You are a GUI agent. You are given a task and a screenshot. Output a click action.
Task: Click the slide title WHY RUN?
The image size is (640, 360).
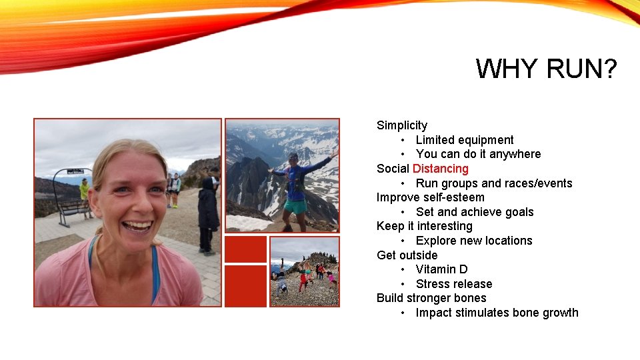point(546,69)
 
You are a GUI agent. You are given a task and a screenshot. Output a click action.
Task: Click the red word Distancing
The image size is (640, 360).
point(440,169)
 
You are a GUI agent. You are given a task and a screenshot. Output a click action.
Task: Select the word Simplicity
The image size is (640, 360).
point(402,125)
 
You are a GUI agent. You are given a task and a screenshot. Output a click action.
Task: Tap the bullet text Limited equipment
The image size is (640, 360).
point(465,140)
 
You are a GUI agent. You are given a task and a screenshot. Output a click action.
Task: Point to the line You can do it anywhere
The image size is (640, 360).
point(478,154)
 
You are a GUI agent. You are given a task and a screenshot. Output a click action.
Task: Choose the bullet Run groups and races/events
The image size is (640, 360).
point(493,183)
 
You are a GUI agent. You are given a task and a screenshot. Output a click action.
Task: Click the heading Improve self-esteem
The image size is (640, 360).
point(430,197)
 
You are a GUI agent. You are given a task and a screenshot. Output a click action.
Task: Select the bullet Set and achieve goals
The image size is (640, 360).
point(474,212)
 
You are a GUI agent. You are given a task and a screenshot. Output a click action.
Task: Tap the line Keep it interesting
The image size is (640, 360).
point(424,226)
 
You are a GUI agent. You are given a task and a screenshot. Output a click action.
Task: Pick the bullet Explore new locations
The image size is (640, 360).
point(473,241)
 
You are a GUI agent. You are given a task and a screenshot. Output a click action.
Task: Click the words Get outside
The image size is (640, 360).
point(407,255)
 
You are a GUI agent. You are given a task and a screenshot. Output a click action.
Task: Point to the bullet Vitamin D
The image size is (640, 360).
point(441,269)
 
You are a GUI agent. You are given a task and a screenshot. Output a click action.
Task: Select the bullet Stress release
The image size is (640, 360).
point(453,284)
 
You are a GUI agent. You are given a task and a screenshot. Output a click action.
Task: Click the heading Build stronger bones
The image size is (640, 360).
point(431,298)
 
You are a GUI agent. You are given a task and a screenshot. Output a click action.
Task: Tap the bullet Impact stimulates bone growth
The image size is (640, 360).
point(497,313)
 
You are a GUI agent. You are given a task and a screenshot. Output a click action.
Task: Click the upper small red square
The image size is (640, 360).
point(245,249)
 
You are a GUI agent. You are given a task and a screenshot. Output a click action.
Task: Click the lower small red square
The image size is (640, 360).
point(245,286)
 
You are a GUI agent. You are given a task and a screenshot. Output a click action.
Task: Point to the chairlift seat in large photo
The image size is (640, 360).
point(73,207)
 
